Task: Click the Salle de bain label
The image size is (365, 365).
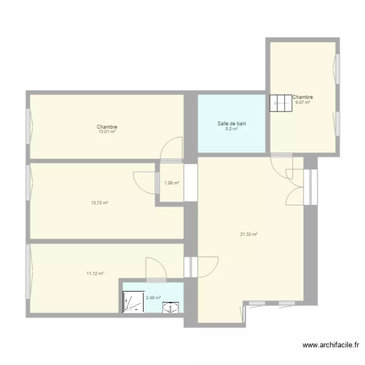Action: coord(232,124)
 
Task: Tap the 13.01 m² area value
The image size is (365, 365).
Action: coord(107,131)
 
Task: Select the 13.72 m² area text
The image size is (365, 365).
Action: coord(99,203)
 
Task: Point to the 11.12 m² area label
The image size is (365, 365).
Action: coord(95,274)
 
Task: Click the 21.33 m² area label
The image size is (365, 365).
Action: coord(249,234)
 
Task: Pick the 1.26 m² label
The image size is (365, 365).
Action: coord(172,182)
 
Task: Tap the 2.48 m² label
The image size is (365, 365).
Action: coord(153,297)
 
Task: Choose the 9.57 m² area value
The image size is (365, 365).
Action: coord(303,102)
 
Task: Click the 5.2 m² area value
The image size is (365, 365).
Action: coord(231,129)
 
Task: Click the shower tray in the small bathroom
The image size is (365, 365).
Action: coord(134,302)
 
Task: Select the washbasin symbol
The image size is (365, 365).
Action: coord(171,307)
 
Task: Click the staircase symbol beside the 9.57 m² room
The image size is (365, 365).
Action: coord(281,103)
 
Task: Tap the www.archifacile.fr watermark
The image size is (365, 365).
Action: coord(331,345)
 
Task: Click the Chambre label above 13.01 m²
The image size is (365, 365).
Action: coord(107,127)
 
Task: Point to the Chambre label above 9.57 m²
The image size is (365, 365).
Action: coord(303,97)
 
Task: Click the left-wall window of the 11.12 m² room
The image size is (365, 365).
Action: coord(28,272)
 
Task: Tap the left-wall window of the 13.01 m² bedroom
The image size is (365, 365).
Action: coord(28,127)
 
